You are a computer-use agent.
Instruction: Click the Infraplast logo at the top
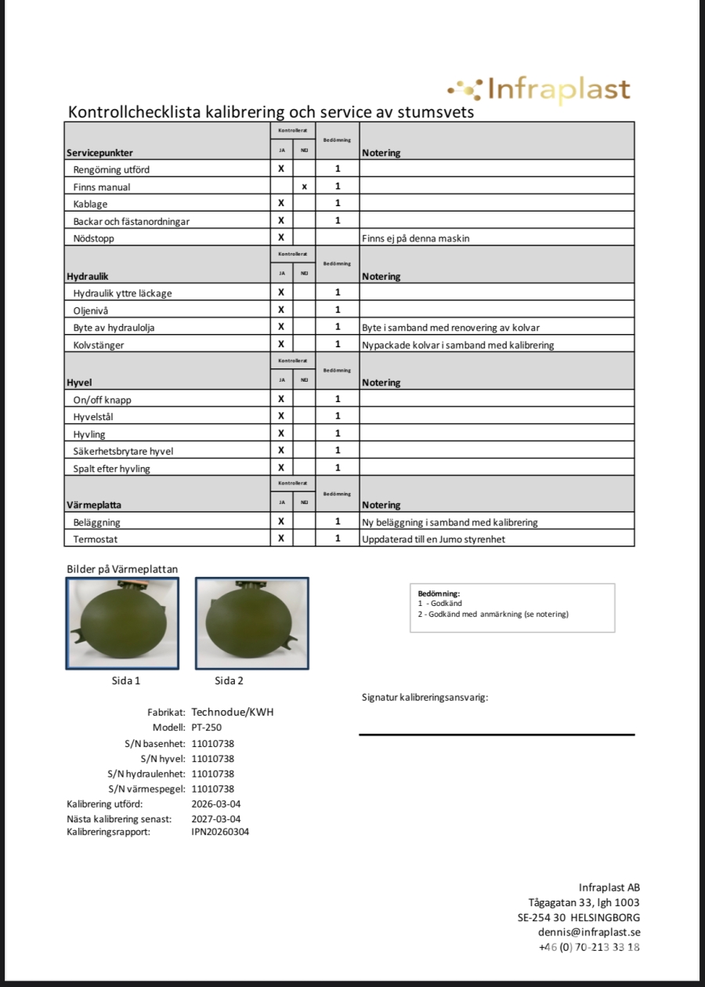point(539,90)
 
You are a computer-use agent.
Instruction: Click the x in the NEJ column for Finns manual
point(304,187)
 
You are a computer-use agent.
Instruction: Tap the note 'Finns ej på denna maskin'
point(415,238)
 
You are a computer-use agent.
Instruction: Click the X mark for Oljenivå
point(281,310)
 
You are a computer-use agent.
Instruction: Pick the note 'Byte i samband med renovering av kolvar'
point(450,327)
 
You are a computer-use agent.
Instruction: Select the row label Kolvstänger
point(99,344)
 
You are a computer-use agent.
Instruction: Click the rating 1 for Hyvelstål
point(338,416)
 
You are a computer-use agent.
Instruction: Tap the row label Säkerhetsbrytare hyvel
point(123,451)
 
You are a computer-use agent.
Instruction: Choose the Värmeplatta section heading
point(94,506)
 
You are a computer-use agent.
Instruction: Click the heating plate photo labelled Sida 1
point(122,623)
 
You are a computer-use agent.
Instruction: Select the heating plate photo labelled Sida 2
point(251,623)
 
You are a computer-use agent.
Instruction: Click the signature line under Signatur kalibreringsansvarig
point(497,735)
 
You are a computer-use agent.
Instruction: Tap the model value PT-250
point(206,728)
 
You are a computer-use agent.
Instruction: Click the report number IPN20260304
point(220,832)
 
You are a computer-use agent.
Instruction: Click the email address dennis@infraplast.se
point(589,932)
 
